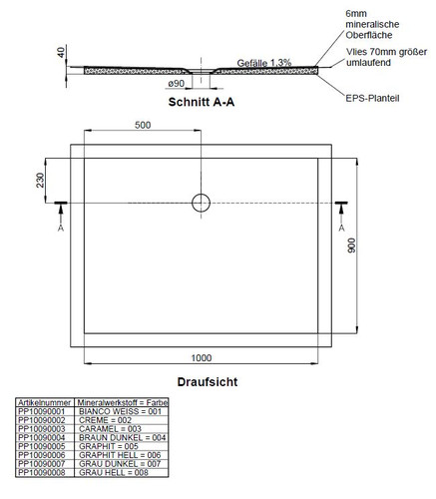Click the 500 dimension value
[143, 125]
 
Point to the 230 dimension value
[40, 180]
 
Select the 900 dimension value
[351, 246]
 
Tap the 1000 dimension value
[202, 358]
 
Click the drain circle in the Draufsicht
[201, 194]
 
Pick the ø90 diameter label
[176, 84]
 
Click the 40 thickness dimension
[61, 52]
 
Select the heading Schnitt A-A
[202, 102]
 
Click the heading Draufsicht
[208, 381]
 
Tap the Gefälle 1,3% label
[264, 63]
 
